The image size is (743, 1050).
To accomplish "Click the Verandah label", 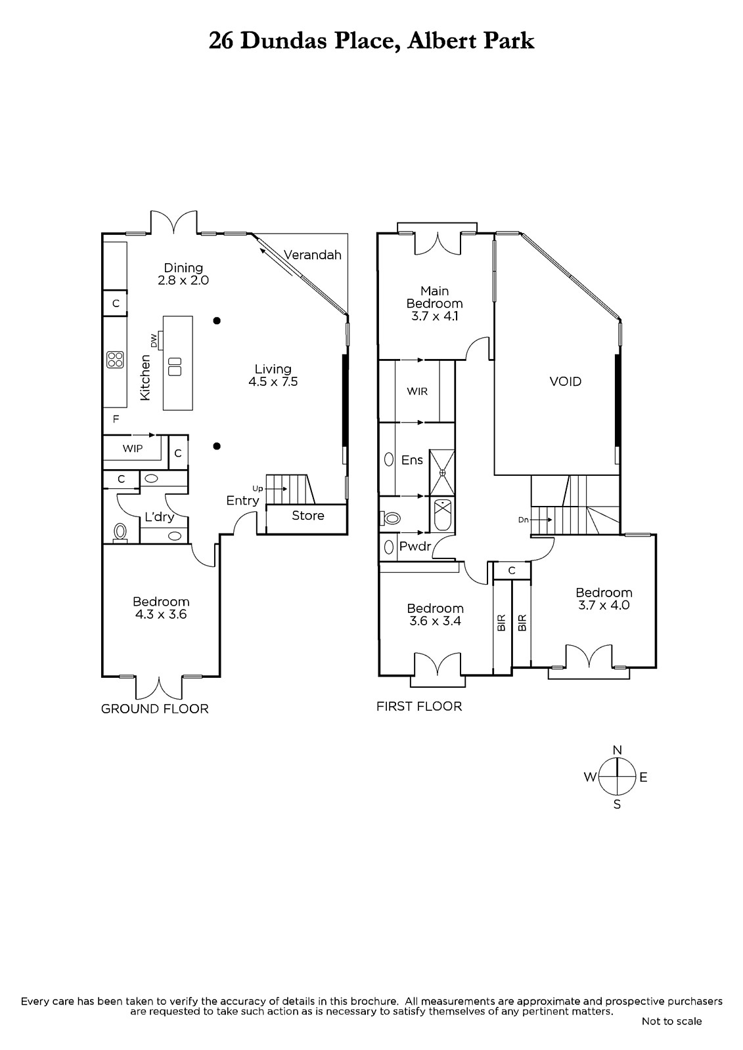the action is coord(312,255).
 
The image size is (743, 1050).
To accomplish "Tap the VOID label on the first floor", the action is coord(565,381).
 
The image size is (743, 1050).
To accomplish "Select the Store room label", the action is coord(308,516).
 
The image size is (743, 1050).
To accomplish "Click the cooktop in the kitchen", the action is coord(115,360).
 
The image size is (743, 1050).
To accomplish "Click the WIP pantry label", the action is coord(132,449).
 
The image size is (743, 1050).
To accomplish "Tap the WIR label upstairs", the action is coord(417,391).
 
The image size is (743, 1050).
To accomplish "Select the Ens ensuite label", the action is coord(412,460).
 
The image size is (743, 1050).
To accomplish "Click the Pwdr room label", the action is coord(415,546).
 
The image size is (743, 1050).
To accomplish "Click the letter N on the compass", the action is coord(618,750).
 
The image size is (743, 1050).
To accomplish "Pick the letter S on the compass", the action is coord(618,805).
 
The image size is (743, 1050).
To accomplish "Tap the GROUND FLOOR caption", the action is coord(155,709).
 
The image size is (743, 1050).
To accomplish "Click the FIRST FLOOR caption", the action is coord(419,706).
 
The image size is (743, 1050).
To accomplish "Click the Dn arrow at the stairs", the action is coord(541,520).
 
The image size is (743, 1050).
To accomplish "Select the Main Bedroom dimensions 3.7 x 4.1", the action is coord(435,316).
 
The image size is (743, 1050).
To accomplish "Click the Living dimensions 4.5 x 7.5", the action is coord(273,381).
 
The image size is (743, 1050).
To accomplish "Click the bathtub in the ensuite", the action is coord(442,515).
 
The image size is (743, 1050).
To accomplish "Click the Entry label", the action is coord(242,501).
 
